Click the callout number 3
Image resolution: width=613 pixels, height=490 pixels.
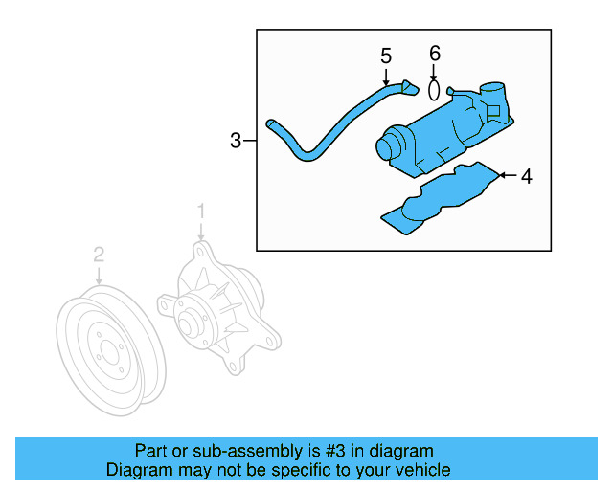236,142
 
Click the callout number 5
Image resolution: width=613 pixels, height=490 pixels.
386,56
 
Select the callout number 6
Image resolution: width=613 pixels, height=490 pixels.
434,53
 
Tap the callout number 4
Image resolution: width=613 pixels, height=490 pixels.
525,176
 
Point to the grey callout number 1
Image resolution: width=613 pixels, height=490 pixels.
201,210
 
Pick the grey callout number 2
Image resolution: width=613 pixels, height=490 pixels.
98,255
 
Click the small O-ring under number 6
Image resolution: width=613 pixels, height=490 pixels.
434,90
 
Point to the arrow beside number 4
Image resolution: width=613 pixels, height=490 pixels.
506,176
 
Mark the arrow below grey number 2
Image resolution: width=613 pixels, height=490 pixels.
98,275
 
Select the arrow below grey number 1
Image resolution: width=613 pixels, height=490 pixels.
201,231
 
